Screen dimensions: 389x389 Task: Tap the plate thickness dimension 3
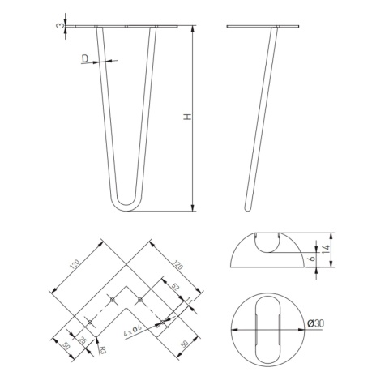[59, 26]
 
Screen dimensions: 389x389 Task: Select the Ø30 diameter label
[316, 325]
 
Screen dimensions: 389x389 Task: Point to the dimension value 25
[82, 340]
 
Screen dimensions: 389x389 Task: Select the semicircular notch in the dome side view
[267, 242]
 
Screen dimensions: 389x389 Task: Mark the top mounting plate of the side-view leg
[263, 27]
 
